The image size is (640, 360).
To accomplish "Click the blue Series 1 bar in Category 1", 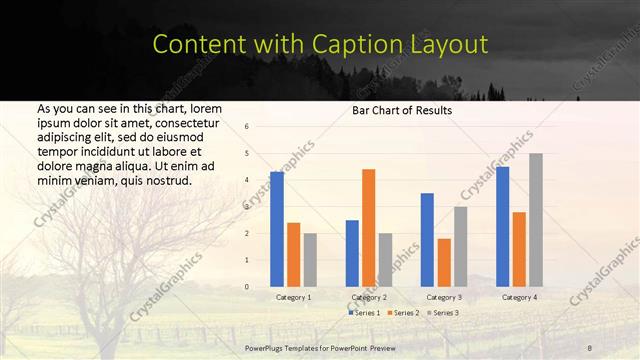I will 277,229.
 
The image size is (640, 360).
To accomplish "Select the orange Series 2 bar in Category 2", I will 368,227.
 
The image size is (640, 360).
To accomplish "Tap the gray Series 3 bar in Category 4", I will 536,219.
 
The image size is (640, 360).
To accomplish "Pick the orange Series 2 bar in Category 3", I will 444,262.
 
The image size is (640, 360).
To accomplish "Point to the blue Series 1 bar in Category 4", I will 502,226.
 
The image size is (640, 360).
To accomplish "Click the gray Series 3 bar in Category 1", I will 310,259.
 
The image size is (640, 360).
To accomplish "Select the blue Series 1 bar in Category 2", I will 352,253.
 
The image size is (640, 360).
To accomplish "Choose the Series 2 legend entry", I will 403,313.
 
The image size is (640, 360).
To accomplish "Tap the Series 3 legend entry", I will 442,313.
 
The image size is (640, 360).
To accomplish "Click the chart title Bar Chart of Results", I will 402,110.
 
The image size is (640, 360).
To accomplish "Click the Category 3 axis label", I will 444,297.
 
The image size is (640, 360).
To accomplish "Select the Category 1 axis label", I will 293,297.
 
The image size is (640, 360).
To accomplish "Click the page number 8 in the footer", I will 588,348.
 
